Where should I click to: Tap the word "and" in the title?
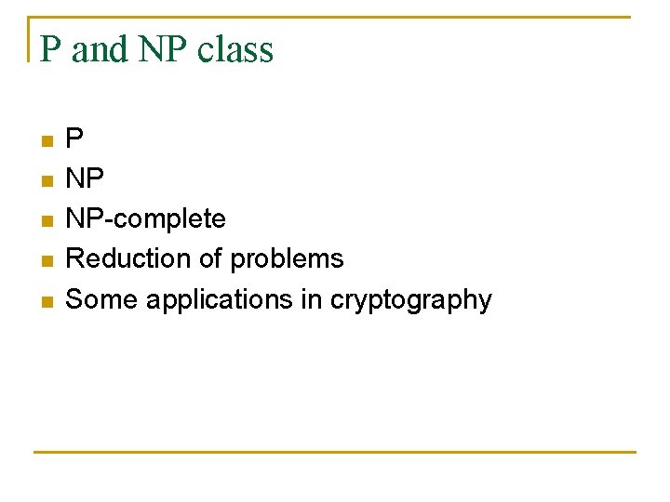pos(100,49)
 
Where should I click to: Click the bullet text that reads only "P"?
pos(74,139)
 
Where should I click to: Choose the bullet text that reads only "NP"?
pos(86,179)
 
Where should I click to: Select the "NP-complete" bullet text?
pos(146,219)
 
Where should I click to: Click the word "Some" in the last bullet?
pos(98,299)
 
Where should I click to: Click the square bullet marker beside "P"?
pos(47,141)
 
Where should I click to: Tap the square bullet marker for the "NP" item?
pos(47,181)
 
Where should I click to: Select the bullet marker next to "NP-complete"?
pos(47,221)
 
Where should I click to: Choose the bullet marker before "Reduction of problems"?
pos(47,261)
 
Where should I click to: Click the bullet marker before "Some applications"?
pos(47,301)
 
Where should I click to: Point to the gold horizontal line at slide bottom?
pos(335,453)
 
